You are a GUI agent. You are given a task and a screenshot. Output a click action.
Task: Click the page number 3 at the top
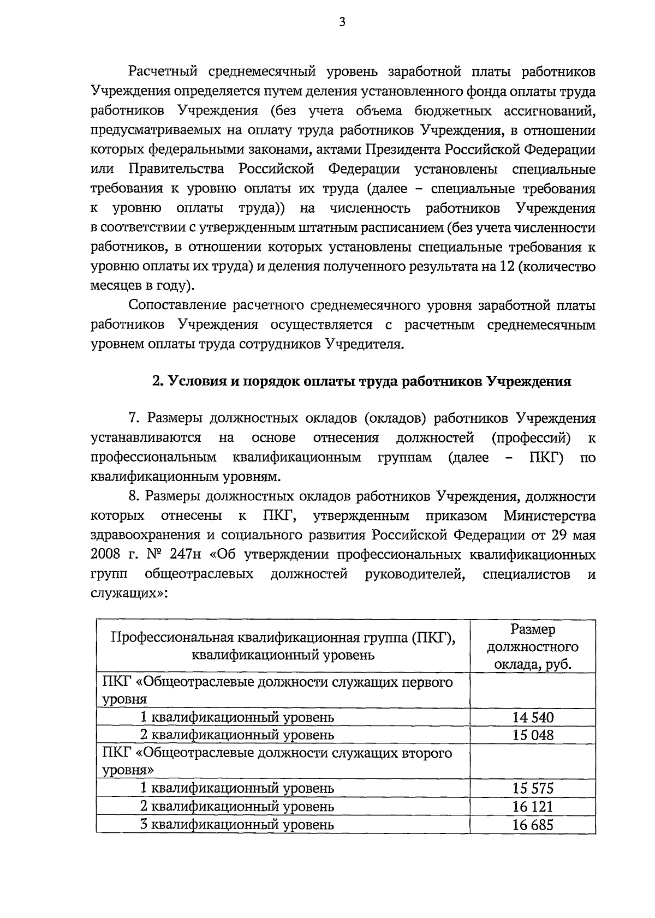(342, 22)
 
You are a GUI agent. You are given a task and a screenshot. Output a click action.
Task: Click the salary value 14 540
(533, 717)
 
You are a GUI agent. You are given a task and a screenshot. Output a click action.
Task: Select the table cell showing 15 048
(533, 735)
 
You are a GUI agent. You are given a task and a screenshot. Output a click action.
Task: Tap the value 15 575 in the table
(533, 788)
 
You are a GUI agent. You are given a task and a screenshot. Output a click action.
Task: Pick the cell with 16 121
(533, 806)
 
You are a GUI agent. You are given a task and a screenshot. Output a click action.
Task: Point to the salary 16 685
(533, 824)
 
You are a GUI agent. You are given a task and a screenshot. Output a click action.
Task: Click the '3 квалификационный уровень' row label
(237, 824)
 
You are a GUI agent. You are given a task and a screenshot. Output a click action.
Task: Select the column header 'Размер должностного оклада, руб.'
(533, 646)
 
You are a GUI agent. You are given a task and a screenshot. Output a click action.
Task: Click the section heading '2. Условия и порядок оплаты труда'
(361, 381)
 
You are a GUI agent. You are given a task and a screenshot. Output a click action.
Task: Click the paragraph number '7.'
(135, 418)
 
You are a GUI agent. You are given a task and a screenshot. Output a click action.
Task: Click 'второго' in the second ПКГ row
(430, 753)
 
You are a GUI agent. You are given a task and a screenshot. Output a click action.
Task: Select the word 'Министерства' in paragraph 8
(550, 515)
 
